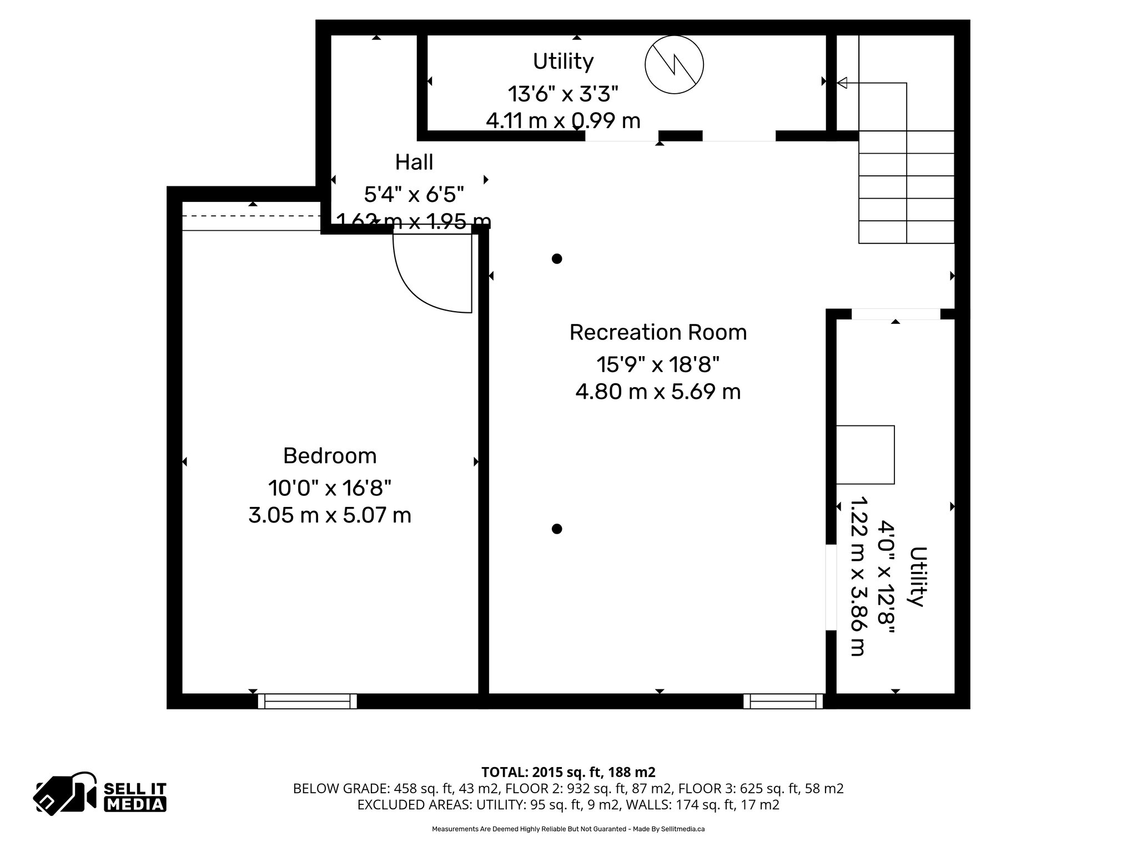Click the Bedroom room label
pyautogui.click(x=330, y=456)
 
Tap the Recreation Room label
pyautogui.click(x=658, y=332)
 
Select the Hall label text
pyautogui.click(x=414, y=163)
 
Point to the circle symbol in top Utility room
pyautogui.click(x=674, y=65)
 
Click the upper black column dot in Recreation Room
pyautogui.click(x=557, y=258)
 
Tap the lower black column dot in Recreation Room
pyautogui.click(x=557, y=529)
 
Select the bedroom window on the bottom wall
pyautogui.click(x=307, y=701)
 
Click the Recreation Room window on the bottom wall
pyautogui.click(x=783, y=701)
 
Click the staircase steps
pyautogui.click(x=906, y=187)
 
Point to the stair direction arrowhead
pyautogui.click(x=842, y=83)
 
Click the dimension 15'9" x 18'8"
pyautogui.click(x=658, y=365)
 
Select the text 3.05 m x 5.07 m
pyautogui.click(x=330, y=515)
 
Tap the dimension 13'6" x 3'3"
pyautogui.click(x=563, y=94)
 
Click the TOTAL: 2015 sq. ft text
pyautogui.click(x=567, y=772)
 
